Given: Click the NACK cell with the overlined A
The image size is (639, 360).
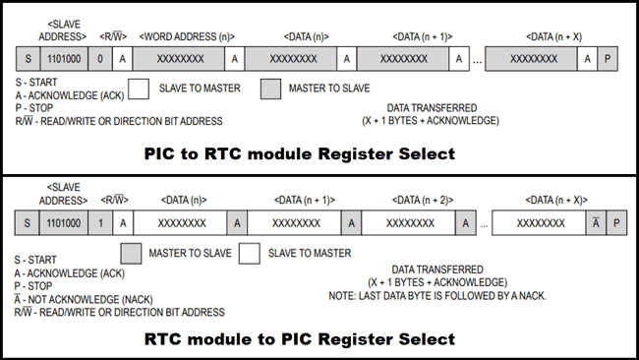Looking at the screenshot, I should (x=595, y=222).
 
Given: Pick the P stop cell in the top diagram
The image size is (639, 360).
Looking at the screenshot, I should (x=611, y=58).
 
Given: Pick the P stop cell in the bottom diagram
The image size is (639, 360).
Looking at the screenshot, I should (x=616, y=222).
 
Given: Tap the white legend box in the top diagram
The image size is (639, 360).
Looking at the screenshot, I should (x=139, y=89).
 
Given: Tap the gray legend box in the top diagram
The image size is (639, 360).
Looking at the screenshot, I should (x=270, y=89).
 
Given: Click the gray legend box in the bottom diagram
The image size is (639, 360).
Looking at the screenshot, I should (x=132, y=254).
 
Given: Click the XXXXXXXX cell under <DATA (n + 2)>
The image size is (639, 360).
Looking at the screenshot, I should (x=410, y=222).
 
